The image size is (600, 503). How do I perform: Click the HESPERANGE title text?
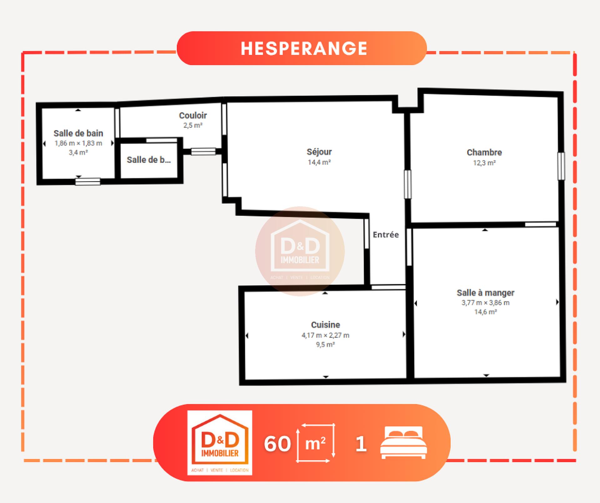304,48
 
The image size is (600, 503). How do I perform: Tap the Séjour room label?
319,152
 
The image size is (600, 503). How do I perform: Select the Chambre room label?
484,153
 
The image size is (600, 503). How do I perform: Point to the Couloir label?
193,115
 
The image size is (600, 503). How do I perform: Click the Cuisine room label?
325,325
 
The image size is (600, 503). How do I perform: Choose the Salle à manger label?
485,293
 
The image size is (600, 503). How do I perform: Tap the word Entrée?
386,234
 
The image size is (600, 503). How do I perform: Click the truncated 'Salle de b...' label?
149,160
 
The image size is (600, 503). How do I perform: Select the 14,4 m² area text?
319,162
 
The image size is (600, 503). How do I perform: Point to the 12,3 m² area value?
484,163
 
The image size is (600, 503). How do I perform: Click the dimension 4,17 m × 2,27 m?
325,335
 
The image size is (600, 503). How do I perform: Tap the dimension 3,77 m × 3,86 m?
485,303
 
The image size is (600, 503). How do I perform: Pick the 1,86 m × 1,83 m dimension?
78,143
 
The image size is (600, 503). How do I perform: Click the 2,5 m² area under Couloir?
193,125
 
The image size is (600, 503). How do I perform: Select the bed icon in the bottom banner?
403,443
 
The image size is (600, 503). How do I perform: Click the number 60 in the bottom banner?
277,443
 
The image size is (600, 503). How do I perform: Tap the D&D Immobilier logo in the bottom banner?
220,443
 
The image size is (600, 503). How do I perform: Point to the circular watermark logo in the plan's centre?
300,251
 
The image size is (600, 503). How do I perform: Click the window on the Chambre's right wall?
561,166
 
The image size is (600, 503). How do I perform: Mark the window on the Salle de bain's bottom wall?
88,182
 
